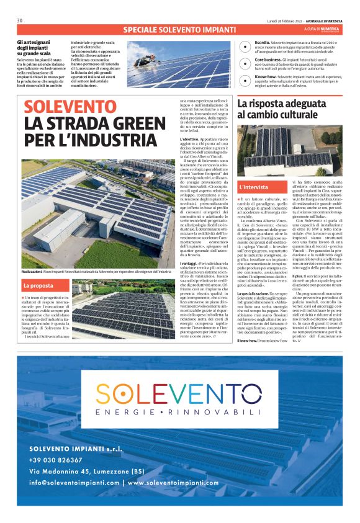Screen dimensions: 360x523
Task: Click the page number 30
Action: coord(20,20)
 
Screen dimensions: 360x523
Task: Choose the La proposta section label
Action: coord(38,285)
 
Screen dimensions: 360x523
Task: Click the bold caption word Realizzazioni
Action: coord(32,272)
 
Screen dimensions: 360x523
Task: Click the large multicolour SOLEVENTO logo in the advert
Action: coord(180,394)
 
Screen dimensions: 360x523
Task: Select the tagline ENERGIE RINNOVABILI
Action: coord(180,413)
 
